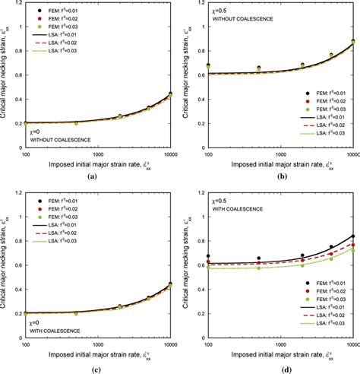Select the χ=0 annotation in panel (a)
pos(36,132)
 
